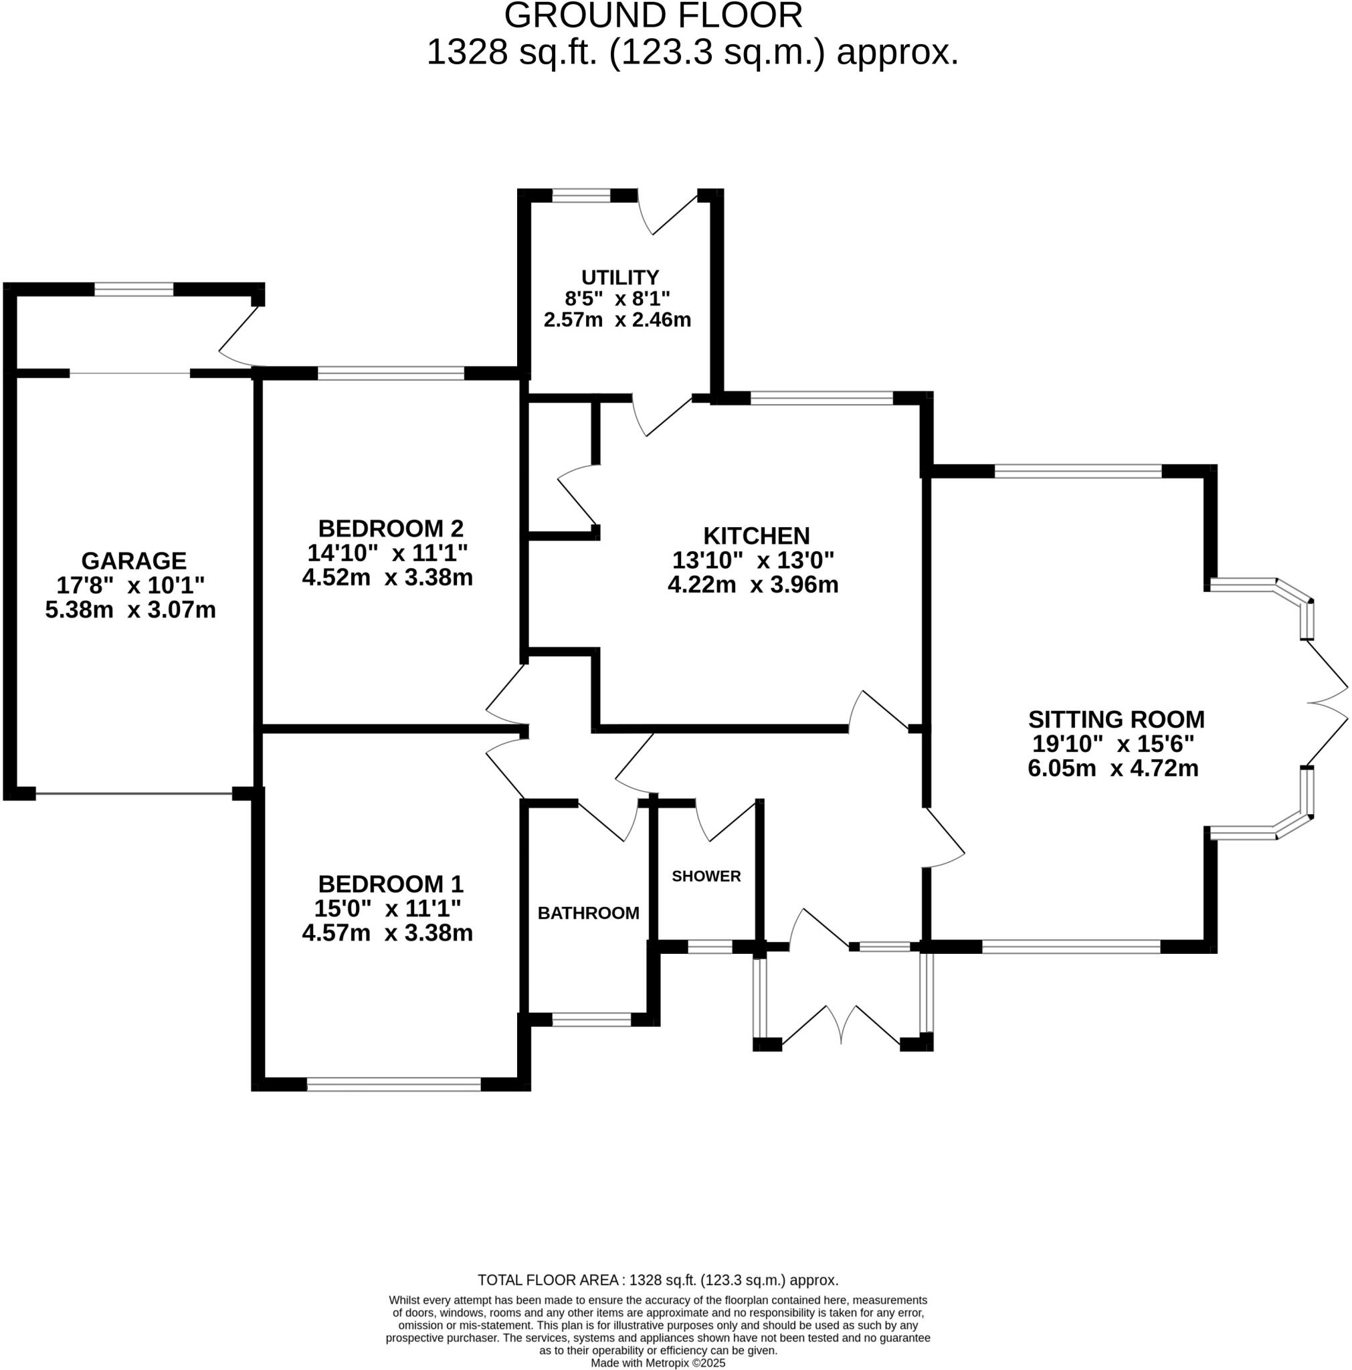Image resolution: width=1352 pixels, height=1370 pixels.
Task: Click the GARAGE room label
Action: [133, 561]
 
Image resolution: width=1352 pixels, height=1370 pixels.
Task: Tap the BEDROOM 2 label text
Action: [391, 528]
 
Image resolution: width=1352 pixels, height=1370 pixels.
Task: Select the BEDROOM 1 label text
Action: [391, 884]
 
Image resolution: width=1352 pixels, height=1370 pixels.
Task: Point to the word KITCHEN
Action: [756, 535]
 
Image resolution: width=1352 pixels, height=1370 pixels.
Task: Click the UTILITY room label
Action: [619, 277]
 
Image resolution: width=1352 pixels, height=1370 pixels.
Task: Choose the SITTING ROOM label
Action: [1116, 719]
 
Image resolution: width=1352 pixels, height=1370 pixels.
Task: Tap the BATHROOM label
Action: [588, 912]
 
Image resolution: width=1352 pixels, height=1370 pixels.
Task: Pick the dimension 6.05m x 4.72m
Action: [1113, 768]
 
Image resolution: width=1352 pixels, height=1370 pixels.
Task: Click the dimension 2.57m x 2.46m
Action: [617, 320]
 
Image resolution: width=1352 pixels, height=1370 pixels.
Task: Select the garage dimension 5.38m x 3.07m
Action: [130, 610]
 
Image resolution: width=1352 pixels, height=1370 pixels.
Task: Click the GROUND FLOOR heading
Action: [653, 15]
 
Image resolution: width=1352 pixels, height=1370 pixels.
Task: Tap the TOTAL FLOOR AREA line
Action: [657, 1280]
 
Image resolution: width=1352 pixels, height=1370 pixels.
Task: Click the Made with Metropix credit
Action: [657, 1362]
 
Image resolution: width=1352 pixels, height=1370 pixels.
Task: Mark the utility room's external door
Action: [666, 213]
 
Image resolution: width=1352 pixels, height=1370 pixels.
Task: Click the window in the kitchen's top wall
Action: [821, 399]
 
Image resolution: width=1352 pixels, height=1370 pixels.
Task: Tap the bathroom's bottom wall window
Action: [591, 1019]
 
